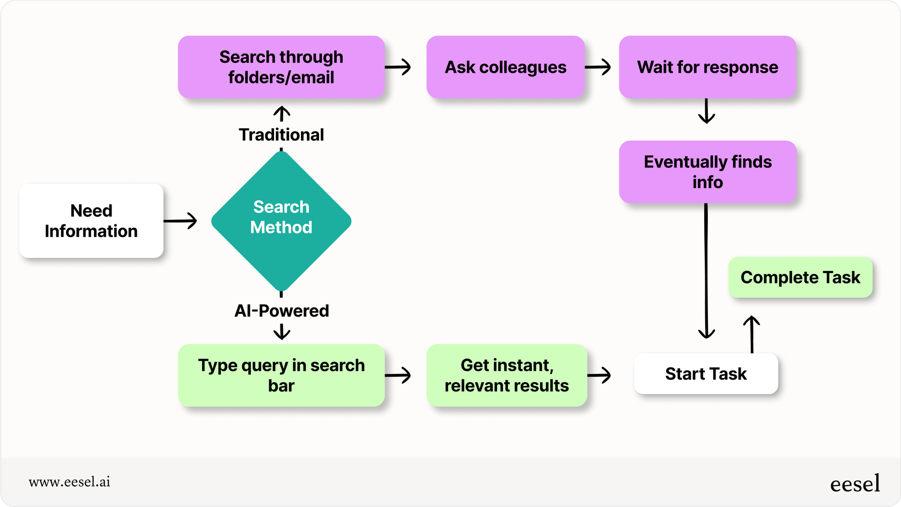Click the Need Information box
coord(91,221)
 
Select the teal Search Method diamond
coord(281,221)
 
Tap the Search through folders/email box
coord(281,67)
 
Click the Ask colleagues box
coord(505,67)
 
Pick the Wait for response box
coord(707,67)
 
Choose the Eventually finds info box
coord(707,172)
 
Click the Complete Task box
coord(800,277)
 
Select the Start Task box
coord(706,373)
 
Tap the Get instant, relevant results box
coord(506,375)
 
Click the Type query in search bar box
coord(281,375)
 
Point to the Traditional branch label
coord(281,135)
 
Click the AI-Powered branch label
coord(281,311)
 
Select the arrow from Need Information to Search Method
coord(181,221)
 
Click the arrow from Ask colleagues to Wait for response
coord(598,67)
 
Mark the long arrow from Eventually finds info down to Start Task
coord(706,271)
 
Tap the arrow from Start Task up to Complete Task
coord(752,334)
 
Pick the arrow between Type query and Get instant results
coord(398,375)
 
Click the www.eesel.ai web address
coord(69,482)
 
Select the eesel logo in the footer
coord(855,484)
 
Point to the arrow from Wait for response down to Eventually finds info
coord(706,111)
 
